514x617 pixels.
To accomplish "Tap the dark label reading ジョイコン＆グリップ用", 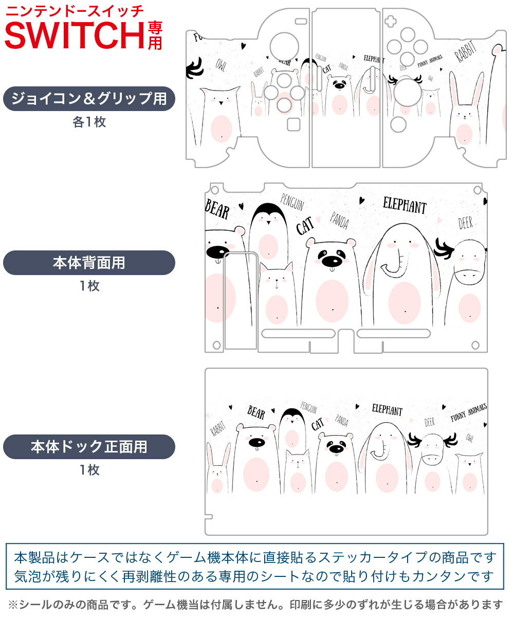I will pos(89,99).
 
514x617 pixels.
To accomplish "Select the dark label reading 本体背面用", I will pos(89,263).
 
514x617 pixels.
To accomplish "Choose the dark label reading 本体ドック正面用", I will pos(89,447).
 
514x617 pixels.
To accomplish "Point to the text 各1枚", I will pos(89,122).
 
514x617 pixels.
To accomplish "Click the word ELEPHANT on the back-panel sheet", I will pos(405,206).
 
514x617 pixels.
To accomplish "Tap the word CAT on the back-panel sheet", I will pos(305,227).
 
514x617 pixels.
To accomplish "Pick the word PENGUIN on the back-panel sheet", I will pos(292,204).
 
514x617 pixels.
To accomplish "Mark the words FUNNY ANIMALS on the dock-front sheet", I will pos(468,413).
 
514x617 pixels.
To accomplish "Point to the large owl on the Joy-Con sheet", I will pos(220,116).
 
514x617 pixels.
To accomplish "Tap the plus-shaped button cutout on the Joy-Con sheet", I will pos(392,22).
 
